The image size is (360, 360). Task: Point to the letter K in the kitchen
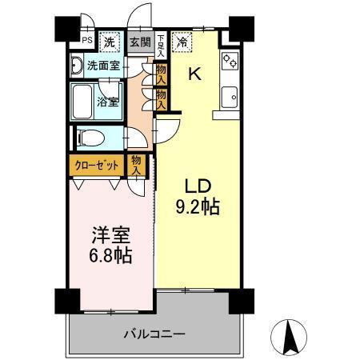click(x=194, y=75)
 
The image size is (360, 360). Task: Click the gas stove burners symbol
click(x=230, y=62)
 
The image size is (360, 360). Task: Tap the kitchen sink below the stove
click(x=231, y=95)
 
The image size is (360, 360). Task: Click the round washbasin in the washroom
click(x=76, y=65)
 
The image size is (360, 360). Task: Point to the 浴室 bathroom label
click(x=108, y=102)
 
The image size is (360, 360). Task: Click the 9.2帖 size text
click(x=198, y=206)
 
